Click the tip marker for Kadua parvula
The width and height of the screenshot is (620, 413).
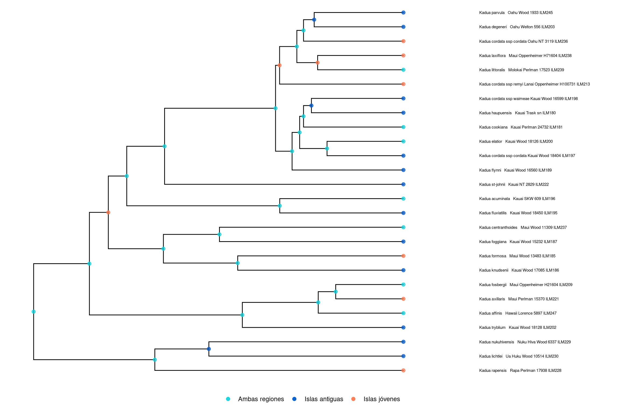pyautogui.click(x=403, y=13)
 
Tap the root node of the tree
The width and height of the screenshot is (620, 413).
pyautogui.click(x=34, y=312)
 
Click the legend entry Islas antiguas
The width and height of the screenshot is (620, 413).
pyautogui.click(x=324, y=399)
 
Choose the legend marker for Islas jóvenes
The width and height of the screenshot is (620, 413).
pyautogui.click(x=353, y=399)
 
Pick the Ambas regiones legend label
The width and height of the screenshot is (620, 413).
pyautogui.click(x=261, y=399)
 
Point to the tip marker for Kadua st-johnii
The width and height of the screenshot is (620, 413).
pyautogui.click(x=403, y=184)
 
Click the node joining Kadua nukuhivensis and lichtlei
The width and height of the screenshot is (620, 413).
pyautogui.click(x=209, y=349)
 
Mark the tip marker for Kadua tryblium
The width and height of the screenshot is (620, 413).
pyautogui.click(x=403, y=327)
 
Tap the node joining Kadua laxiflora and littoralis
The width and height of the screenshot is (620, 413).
pyautogui.click(x=318, y=63)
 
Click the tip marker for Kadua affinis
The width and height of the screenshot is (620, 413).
pyautogui.click(x=403, y=313)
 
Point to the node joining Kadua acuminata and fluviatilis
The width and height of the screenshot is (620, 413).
pyautogui.click(x=280, y=206)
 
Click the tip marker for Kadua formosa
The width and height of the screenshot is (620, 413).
pyautogui.click(x=403, y=256)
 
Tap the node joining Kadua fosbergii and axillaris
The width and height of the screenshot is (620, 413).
pyautogui.click(x=336, y=292)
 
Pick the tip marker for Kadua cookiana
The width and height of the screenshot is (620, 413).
pyautogui.click(x=403, y=127)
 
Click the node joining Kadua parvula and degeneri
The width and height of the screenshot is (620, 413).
pyautogui.click(x=314, y=20)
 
